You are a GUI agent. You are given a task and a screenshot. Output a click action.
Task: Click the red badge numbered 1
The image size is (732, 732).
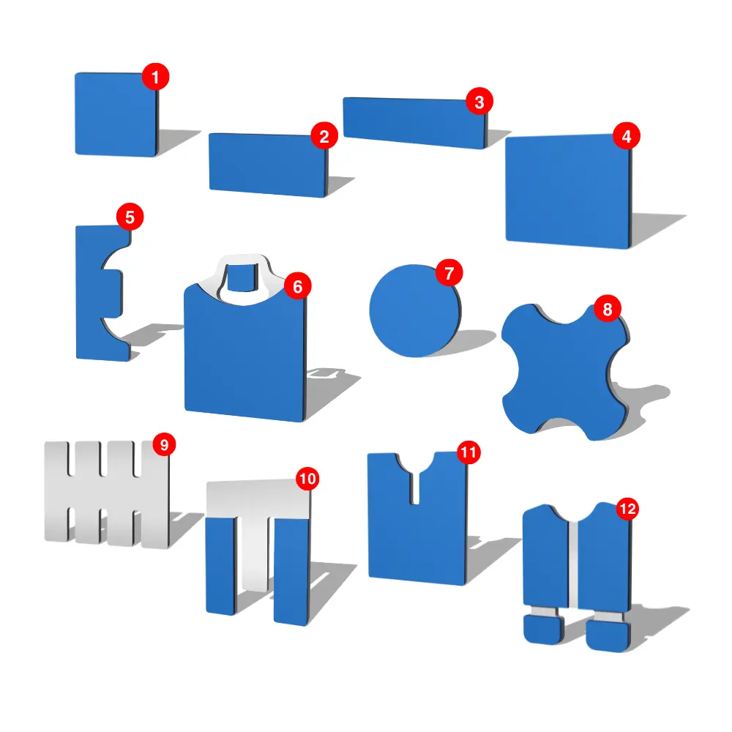(155, 77)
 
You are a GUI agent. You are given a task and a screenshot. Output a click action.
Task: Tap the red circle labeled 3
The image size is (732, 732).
(479, 101)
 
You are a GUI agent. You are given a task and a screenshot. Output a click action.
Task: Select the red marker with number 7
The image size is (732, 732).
(449, 273)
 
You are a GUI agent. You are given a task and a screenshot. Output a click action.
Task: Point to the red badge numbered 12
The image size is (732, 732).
(628, 509)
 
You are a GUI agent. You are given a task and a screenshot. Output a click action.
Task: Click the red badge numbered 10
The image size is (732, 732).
(307, 479)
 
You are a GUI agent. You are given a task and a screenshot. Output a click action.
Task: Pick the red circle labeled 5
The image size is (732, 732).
(130, 217)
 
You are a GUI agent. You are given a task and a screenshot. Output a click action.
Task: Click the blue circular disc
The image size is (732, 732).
(414, 311)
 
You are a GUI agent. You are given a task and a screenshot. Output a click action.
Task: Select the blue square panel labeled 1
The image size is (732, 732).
(116, 114)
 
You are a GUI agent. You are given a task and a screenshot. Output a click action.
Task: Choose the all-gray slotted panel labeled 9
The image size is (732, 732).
(106, 494)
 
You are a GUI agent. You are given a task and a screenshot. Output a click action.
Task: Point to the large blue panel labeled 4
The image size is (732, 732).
(568, 191)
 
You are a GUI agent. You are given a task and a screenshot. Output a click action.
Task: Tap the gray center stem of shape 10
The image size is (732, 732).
(255, 553)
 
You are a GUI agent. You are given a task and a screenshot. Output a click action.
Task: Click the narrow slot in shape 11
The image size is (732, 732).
(414, 488)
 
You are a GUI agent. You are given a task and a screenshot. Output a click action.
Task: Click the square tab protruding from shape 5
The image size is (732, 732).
(112, 294)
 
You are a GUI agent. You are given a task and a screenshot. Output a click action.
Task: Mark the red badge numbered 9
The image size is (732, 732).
(164, 444)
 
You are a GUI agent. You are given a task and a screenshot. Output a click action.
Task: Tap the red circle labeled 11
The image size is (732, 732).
(468, 452)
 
